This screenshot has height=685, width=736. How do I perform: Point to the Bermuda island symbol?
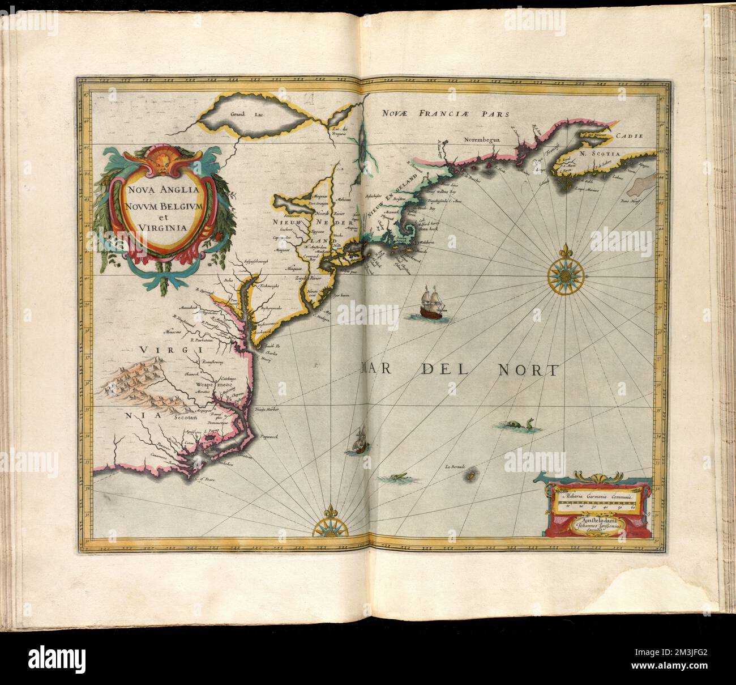[x=469, y=477]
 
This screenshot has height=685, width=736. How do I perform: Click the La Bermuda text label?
[x=455, y=467]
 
